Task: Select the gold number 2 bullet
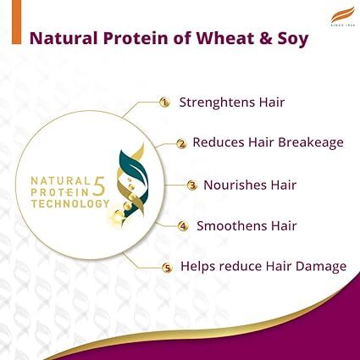click(180, 143)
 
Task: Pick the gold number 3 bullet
click(191, 185)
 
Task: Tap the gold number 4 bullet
click(182, 226)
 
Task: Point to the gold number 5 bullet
click(167, 268)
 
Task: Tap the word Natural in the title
click(63, 38)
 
